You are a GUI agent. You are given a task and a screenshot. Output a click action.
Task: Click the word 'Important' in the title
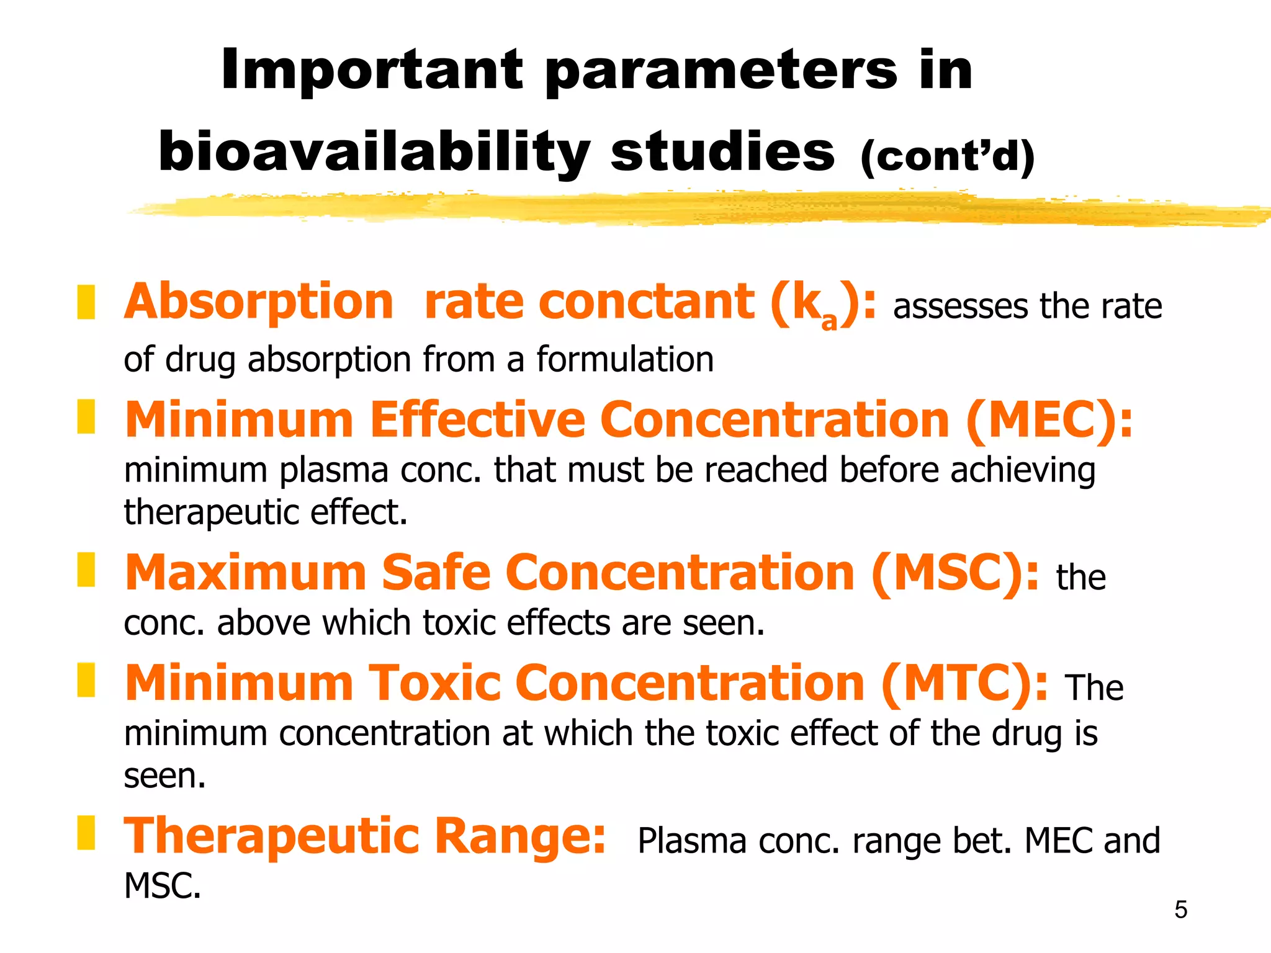click(x=372, y=70)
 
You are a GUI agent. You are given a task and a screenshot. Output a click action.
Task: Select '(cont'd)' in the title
click(x=947, y=156)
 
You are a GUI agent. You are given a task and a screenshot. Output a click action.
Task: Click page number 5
click(x=1180, y=910)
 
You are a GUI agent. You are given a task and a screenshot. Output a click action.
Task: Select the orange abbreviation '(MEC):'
click(x=1049, y=420)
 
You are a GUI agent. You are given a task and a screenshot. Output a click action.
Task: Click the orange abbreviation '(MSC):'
click(x=954, y=573)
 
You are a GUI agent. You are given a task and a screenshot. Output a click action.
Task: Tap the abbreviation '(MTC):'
click(x=964, y=683)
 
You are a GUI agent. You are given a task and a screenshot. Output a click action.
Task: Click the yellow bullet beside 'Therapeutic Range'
click(x=86, y=833)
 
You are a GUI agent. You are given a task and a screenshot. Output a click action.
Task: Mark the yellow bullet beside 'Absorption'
click(x=86, y=302)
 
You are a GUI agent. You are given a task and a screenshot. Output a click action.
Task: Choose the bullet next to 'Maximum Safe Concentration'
click(x=86, y=570)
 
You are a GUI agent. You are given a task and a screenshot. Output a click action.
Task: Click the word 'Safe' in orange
click(x=436, y=573)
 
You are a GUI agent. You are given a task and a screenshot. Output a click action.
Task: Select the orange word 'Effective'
click(x=477, y=420)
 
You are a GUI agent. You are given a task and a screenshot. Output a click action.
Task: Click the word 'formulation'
click(x=624, y=359)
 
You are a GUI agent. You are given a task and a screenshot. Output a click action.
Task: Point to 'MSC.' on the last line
click(x=163, y=886)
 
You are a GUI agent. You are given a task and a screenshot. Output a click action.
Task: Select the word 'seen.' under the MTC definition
click(x=164, y=776)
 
